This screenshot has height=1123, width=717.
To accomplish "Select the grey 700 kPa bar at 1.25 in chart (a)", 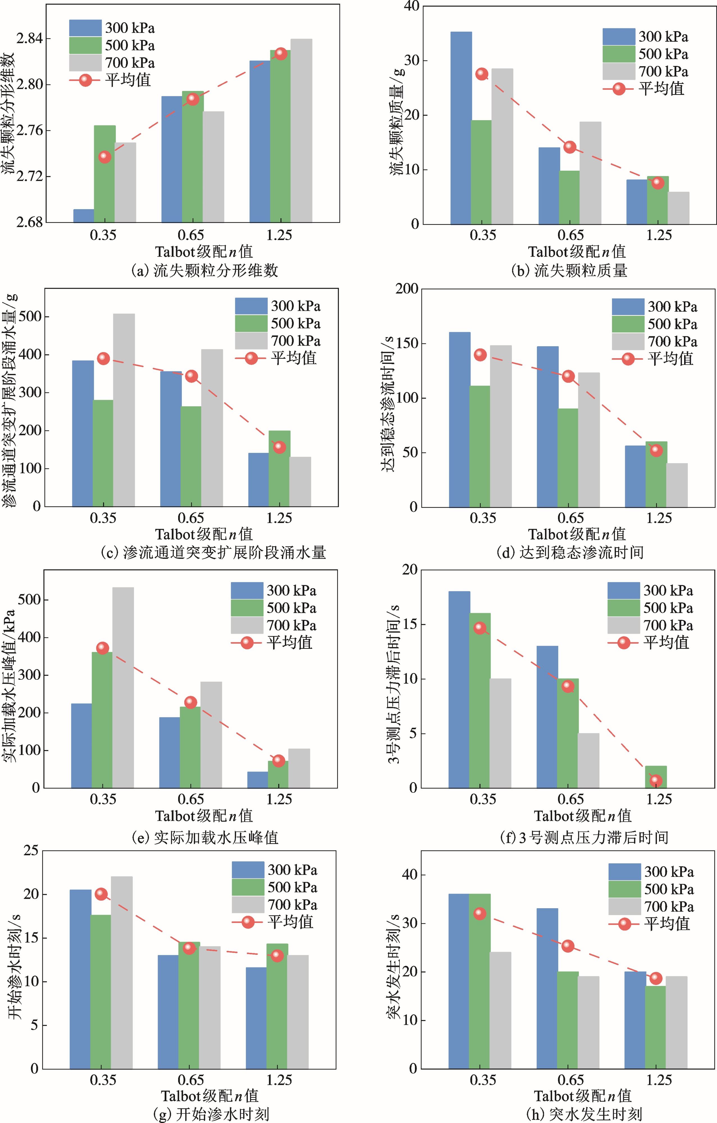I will pos(301,131).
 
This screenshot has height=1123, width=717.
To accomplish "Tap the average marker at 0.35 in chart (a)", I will pos(105,157).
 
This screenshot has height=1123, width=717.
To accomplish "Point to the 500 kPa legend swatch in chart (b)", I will pos(618,54).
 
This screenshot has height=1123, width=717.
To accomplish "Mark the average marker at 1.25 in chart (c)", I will pos(279,447).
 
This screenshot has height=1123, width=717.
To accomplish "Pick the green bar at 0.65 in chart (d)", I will pos(568,458).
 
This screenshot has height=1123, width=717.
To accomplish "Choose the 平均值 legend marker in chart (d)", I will pos(628,359).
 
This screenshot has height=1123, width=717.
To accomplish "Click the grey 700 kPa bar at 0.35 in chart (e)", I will pos(123,688).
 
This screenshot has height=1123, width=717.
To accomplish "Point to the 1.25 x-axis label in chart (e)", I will pos(279,799).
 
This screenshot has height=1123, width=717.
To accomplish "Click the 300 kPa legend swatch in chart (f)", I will pos(623,590).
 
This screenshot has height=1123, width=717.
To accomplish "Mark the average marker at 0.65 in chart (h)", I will pos(568,946).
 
